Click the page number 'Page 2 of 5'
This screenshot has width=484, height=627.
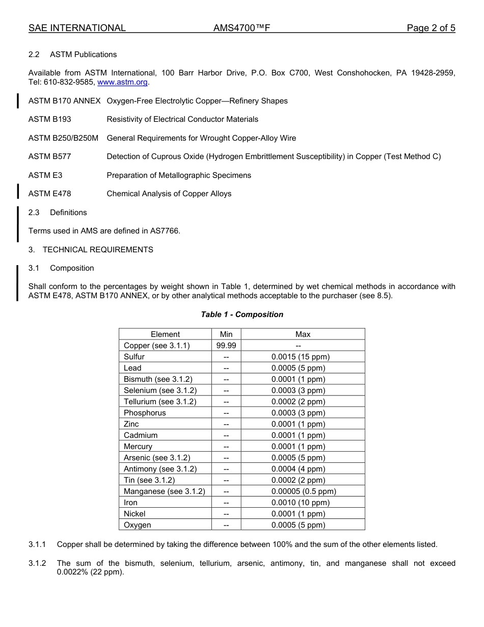(x=431, y=28)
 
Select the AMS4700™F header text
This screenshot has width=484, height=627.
(x=241, y=28)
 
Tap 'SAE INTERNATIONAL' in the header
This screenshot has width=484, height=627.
(x=77, y=28)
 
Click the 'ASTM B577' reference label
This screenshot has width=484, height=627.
(x=49, y=156)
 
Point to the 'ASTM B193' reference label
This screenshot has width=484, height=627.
(x=49, y=119)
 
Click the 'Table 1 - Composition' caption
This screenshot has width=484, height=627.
(x=242, y=315)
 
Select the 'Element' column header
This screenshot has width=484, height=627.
(x=165, y=334)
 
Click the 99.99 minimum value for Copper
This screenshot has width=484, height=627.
(x=226, y=346)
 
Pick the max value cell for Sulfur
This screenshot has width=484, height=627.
(x=303, y=357)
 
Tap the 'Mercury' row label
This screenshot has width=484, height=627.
(x=138, y=447)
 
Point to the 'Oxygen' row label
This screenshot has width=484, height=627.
(x=137, y=525)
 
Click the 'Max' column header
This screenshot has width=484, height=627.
(x=303, y=334)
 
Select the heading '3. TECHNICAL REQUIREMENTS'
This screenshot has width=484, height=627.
(x=91, y=250)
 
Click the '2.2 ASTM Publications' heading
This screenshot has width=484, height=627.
(x=72, y=55)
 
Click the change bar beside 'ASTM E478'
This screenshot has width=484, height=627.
(x=18, y=191)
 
